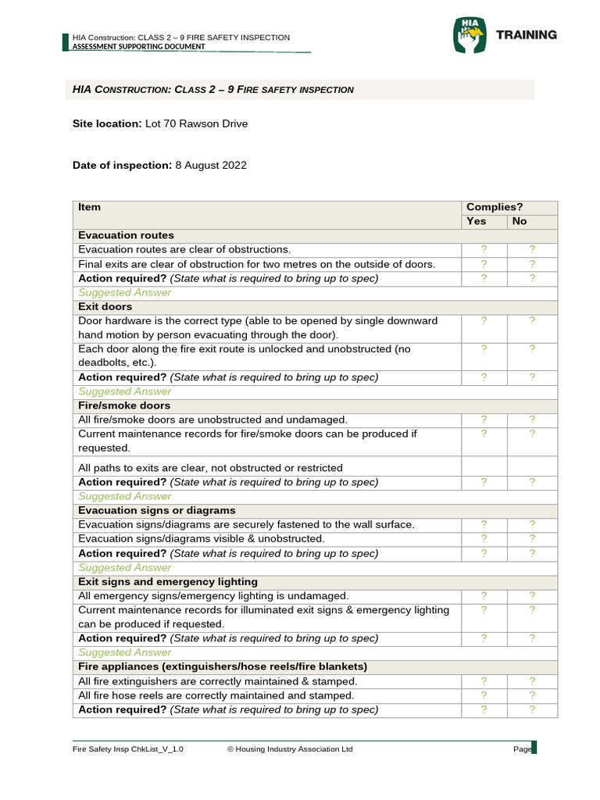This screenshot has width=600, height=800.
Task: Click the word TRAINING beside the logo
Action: (527, 35)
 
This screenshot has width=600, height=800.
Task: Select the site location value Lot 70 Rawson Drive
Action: (196, 123)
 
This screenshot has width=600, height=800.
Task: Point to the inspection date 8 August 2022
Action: (210, 165)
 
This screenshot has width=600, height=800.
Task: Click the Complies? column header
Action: (494, 207)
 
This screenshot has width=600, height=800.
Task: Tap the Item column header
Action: (90, 207)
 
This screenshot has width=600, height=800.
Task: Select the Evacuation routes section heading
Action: (126, 235)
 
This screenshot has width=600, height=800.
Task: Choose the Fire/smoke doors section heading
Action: (124, 405)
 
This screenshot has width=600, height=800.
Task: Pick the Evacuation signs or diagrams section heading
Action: (157, 510)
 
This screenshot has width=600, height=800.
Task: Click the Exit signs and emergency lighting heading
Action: (168, 582)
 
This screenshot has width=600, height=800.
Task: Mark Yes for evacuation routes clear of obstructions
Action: (484, 249)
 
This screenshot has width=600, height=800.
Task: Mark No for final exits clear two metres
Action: (532, 264)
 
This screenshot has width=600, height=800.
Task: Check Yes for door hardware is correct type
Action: (484, 320)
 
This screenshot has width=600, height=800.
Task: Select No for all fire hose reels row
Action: (532, 695)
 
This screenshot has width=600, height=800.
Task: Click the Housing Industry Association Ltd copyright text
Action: (290, 749)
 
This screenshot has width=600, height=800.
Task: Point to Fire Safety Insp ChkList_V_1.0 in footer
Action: (128, 749)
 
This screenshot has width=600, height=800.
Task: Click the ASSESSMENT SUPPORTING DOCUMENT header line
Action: (138, 47)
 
